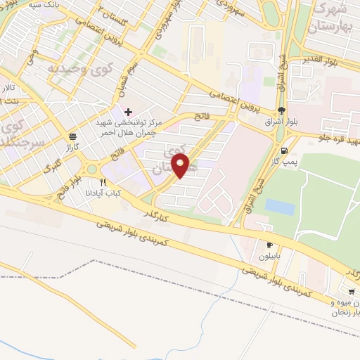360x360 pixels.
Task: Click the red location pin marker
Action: [x=181, y=167]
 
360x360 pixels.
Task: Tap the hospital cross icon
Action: [x=128, y=112]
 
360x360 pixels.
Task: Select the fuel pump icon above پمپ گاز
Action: [x=283, y=150]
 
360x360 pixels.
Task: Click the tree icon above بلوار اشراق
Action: [x=282, y=110]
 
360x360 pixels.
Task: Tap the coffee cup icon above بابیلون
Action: [x=269, y=245]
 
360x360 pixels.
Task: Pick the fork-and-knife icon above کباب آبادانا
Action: [x=103, y=182]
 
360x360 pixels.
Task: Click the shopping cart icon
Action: [x=351, y=290]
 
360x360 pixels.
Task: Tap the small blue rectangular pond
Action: [x=280, y=207]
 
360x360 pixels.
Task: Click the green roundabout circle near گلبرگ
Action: [x=90, y=169]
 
